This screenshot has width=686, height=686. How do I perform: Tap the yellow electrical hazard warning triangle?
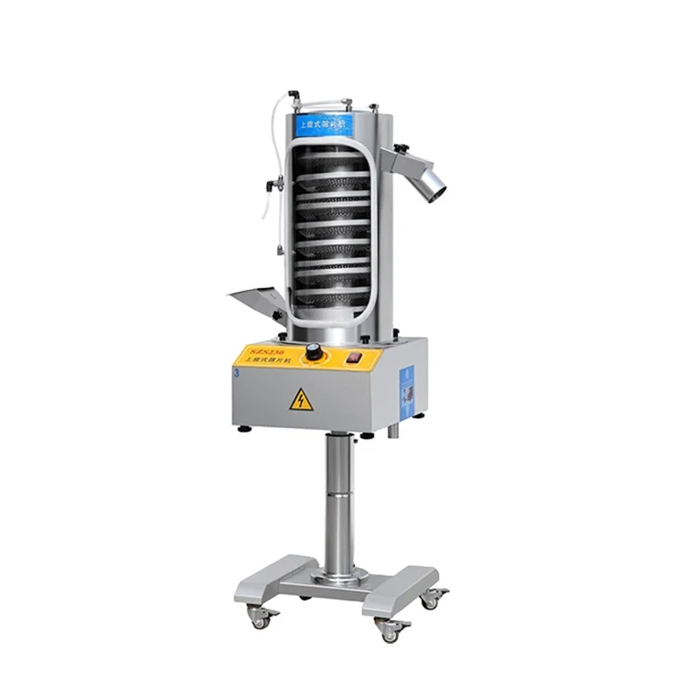(x=301, y=400)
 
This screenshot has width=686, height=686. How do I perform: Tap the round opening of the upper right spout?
(x=436, y=184)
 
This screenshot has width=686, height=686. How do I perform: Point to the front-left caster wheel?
(x=260, y=620)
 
